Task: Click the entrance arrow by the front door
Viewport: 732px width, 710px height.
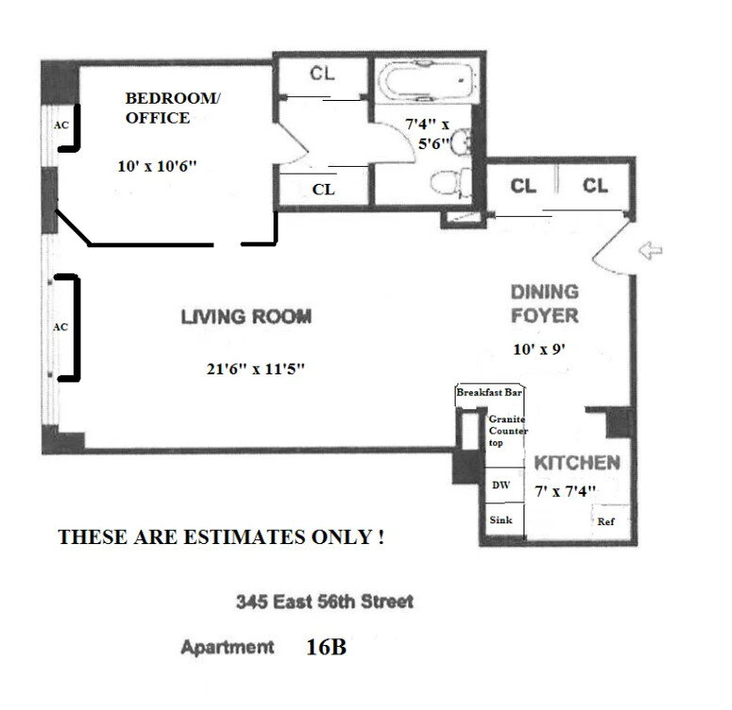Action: (650, 251)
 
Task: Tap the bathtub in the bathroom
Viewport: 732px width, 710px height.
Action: (427, 81)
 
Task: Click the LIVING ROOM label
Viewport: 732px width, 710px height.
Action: (246, 317)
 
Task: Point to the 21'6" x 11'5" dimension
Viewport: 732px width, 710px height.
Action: (256, 369)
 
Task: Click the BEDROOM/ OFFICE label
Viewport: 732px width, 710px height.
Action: (173, 107)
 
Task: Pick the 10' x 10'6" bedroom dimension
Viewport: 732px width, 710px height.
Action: (157, 166)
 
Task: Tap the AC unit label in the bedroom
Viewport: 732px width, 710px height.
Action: (61, 125)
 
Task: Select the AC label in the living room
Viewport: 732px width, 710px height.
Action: (60, 327)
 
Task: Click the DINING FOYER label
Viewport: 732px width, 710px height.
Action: (545, 304)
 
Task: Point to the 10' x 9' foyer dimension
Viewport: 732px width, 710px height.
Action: (540, 349)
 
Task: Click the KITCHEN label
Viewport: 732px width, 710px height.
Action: (577, 463)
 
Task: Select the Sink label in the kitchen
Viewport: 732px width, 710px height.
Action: (501, 520)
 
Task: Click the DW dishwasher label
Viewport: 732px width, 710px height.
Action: (501, 486)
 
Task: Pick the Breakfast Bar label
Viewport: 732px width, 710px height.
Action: (489, 392)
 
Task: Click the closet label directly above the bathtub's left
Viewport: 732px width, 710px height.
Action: (322, 74)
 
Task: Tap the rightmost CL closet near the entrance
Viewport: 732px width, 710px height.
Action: (595, 186)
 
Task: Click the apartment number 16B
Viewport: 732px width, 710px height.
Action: (326, 647)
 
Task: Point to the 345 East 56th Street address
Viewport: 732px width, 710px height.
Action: (324, 602)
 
